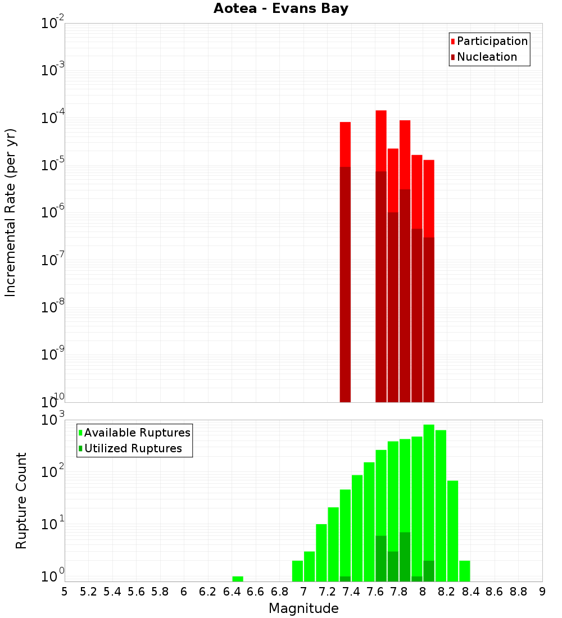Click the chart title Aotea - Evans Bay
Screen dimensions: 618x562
pyautogui.click(x=280, y=9)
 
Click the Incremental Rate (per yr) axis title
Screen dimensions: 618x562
pyautogui.click(x=11, y=212)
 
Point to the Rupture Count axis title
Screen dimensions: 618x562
pyautogui.click(x=21, y=501)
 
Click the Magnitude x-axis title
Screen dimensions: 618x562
pyautogui.click(x=303, y=608)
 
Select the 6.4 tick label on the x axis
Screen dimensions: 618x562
pyautogui.click(x=232, y=592)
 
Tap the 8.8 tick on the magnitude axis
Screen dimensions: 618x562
pyautogui.click(x=518, y=592)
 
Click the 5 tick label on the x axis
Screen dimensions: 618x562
pyautogui.click(x=65, y=592)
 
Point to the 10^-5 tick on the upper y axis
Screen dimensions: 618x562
pyautogui.click(x=52, y=165)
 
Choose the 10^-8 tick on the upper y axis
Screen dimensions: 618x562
pyautogui.click(x=52, y=307)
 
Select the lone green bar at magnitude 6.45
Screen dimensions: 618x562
pyautogui.click(x=238, y=579)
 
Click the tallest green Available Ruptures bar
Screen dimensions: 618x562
pyautogui.click(x=429, y=503)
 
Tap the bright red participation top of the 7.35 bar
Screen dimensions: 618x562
pyautogui.click(x=345, y=144)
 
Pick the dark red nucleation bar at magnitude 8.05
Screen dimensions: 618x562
pyautogui.click(x=429, y=320)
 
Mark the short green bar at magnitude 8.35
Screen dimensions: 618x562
pyautogui.click(x=465, y=571)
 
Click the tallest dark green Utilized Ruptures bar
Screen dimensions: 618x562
pyautogui.click(x=405, y=556)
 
